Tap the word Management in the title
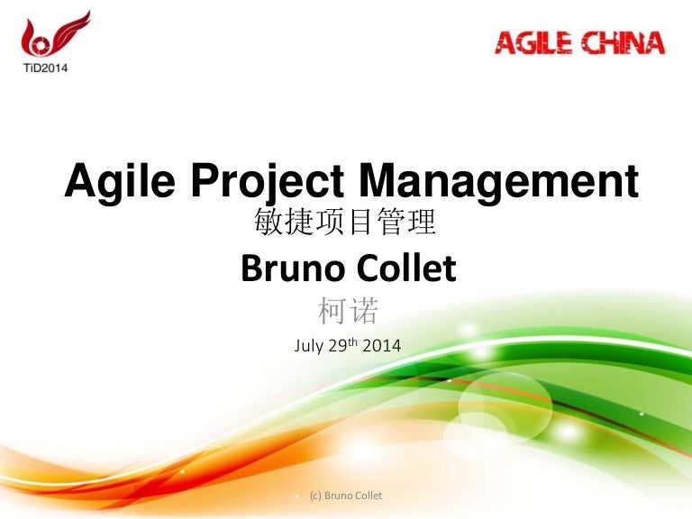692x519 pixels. tap(498, 184)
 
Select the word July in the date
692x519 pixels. tap(310, 344)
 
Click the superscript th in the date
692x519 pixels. tap(358, 341)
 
